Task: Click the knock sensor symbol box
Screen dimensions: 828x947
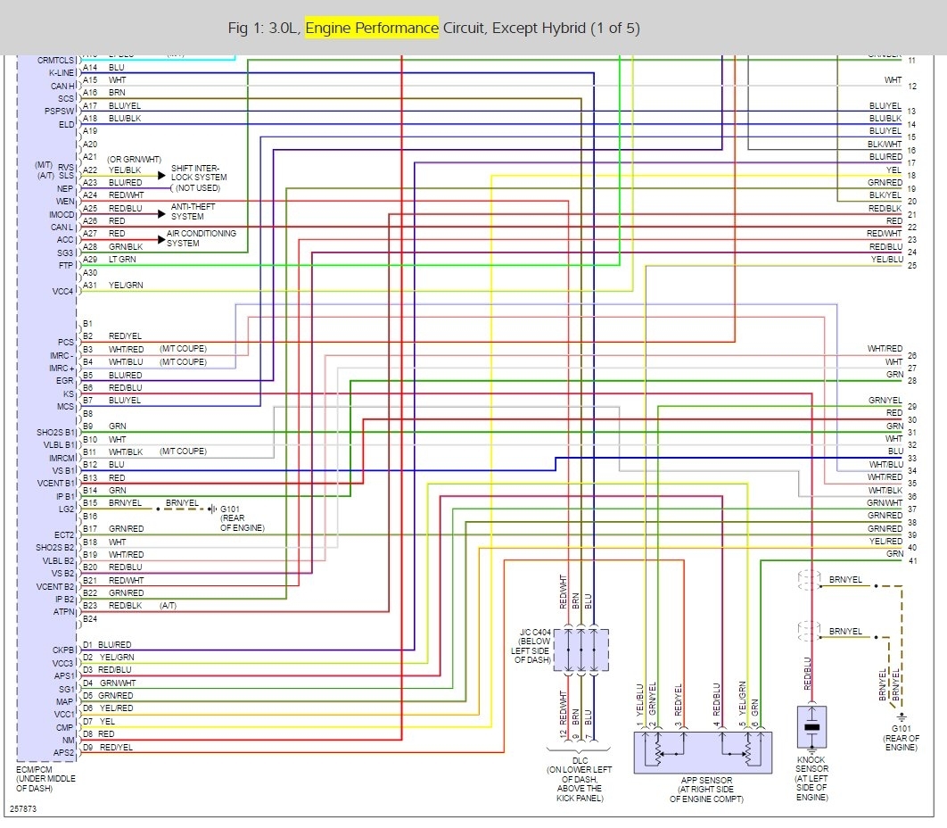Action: tap(811, 726)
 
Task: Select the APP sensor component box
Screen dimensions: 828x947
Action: tap(702, 751)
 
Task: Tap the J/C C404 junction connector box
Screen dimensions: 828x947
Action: tap(581, 650)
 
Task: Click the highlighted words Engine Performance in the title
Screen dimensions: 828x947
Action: tap(372, 28)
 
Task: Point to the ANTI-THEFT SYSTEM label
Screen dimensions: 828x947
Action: tap(187, 211)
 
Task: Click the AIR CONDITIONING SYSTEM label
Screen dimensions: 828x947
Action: tap(202, 238)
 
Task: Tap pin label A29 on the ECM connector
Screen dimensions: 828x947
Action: tap(89, 259)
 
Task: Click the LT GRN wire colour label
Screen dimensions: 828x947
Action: tap(122, 259)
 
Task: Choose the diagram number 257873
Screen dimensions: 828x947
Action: tap(23, 810)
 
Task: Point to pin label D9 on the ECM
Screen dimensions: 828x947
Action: tap(87, 747)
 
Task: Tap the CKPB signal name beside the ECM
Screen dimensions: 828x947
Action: tap(62, 650)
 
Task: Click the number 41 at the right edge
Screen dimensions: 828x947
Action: tap(912, 560)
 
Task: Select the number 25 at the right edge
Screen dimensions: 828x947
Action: tap(912, 266)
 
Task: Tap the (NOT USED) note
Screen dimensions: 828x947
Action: tap(197, 189)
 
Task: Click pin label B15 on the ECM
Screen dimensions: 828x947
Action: tap(89, 503)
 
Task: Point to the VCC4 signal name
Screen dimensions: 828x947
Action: tap(62, 291)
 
